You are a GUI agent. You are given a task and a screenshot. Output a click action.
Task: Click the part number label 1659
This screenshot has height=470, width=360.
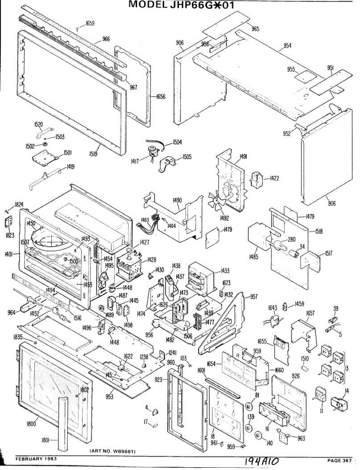(x=90, y=23)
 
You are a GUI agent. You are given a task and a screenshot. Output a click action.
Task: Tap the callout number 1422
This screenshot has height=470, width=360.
(x=274, y=179)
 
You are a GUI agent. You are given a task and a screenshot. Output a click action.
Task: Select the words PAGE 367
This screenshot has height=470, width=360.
(x=340, y=460)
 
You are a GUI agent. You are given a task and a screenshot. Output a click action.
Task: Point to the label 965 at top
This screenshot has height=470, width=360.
(x=255, y=29)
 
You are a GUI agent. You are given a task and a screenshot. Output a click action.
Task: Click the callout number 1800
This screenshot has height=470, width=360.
(x=31, y=423)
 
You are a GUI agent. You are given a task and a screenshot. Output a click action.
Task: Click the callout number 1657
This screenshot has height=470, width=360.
(x=310, y=314)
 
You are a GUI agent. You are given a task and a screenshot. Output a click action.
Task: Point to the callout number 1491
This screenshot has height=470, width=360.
(x=243, y=157)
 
